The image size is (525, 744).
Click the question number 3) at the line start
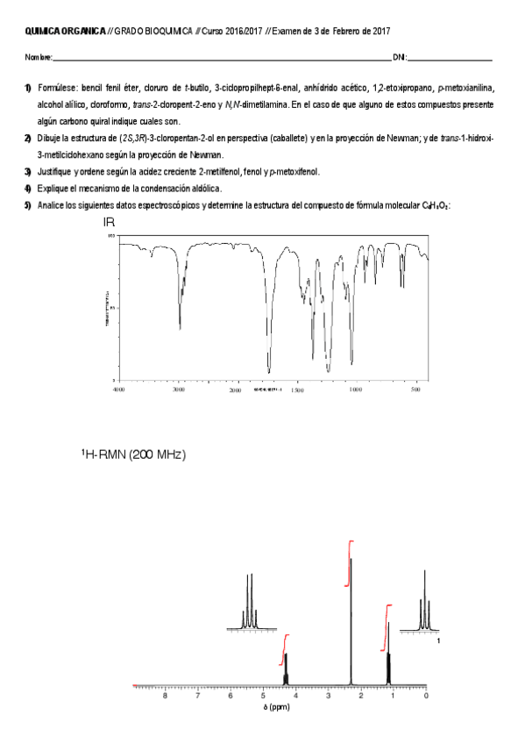29,171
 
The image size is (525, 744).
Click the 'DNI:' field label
400,57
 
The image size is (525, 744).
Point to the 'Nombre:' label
39,57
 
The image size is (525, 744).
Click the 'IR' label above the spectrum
110,224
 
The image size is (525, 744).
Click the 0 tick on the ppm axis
425,697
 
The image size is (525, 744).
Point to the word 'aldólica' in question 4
203,188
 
